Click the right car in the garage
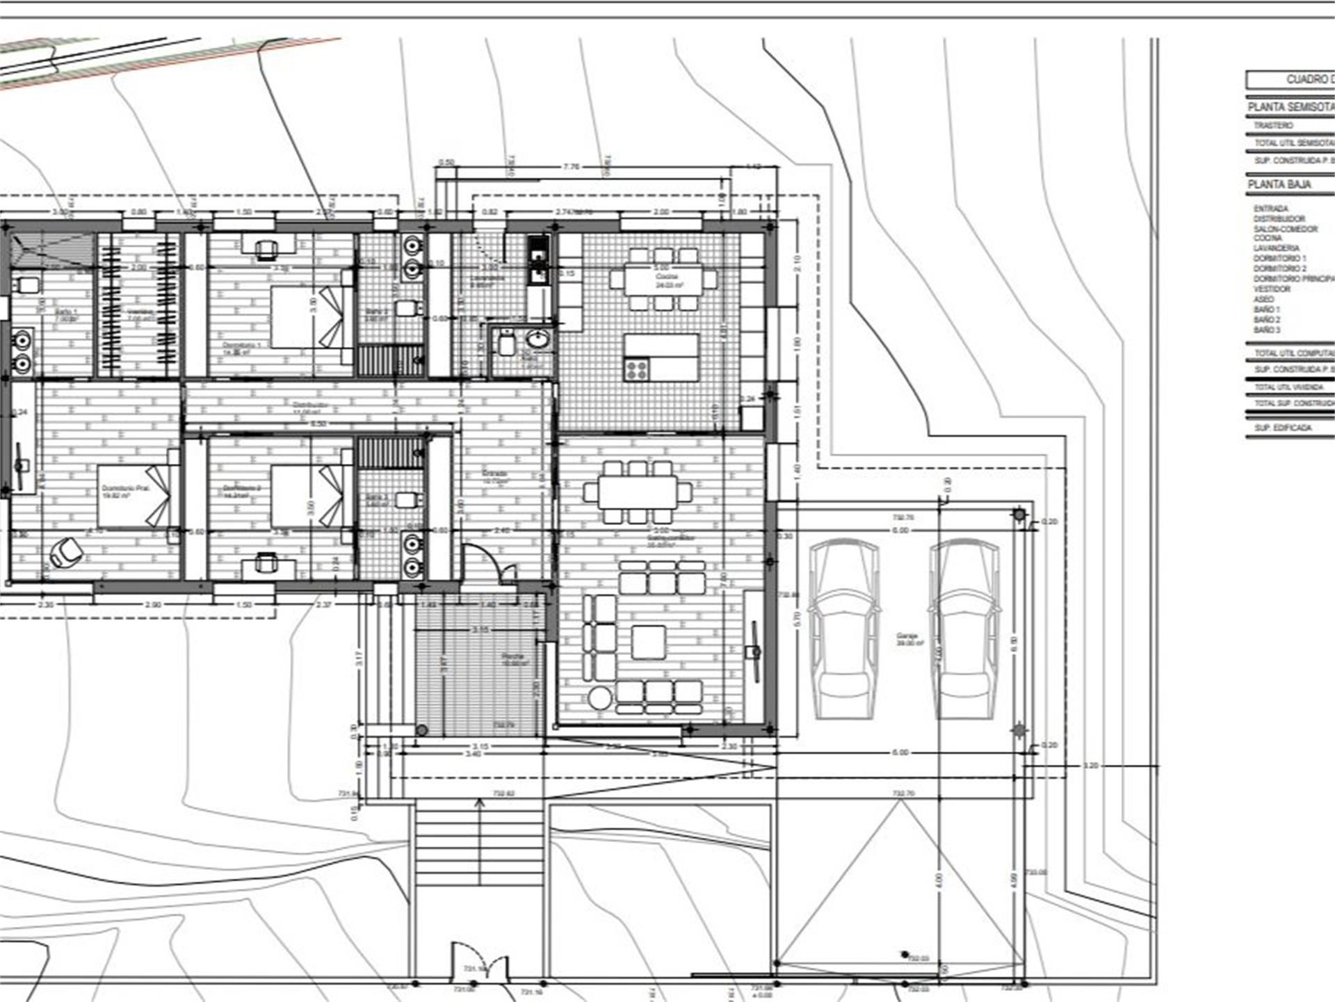[x=964, y=629]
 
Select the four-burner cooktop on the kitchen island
[x=636, y=369]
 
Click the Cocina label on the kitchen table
[x=665, y=277]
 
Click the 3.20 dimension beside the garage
[x=1091, y=765]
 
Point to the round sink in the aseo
[x=537, y=340]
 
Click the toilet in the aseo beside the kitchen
[x=506, y=344]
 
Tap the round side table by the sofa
[x=600, y=697]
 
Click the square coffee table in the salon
[x=648, y=641]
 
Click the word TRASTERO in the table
[x=1273, y=126]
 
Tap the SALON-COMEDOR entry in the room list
[x=1286, y=229]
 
